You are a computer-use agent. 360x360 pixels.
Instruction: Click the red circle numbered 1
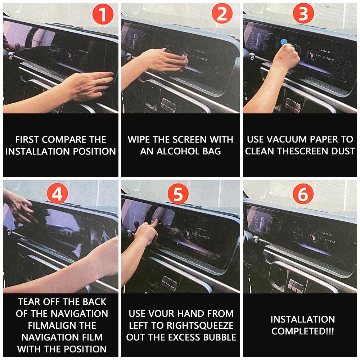(103, 15)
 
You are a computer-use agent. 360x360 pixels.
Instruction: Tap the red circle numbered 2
(222, 15)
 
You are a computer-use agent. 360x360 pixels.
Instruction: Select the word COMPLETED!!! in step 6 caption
(303, 331)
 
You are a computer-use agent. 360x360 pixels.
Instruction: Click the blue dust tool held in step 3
(284, 42)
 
